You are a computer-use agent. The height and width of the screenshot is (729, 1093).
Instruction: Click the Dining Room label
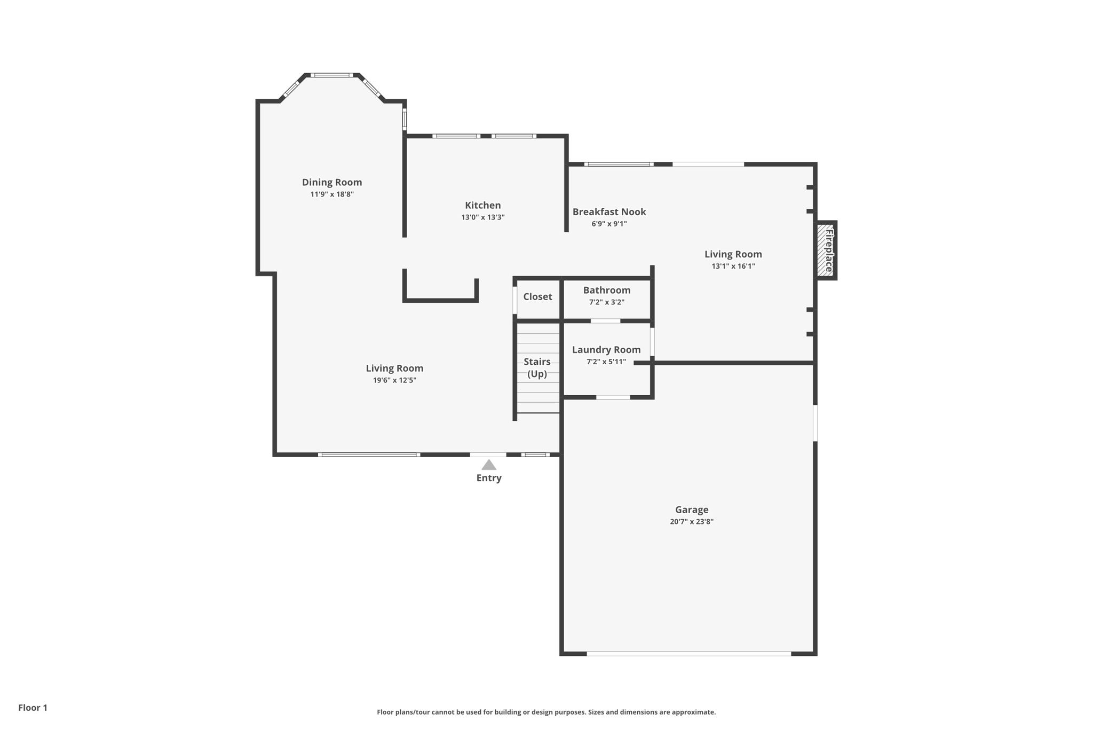tap(331, 182)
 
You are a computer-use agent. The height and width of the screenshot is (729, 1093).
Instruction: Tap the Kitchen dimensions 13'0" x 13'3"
tap(482, 217)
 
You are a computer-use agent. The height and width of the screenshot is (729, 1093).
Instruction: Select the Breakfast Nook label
tap(609, 211)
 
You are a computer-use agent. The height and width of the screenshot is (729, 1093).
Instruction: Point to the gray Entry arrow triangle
tap(489, 465)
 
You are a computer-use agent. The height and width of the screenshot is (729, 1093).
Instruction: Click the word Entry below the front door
tap(489, 478)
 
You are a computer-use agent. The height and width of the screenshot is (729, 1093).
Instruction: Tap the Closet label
tap(537, 296)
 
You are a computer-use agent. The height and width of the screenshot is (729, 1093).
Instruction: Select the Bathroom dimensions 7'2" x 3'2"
tap(606, 302)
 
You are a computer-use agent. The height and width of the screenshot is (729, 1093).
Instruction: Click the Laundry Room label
tap(606, 349)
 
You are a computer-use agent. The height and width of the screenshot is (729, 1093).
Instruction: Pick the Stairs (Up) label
tap(537, 367)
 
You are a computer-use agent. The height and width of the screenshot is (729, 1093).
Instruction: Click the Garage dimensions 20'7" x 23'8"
tap(691, 522)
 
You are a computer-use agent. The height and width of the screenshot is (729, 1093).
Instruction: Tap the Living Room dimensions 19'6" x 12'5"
tap(394, 380)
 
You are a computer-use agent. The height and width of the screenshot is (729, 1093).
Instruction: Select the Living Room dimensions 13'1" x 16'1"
tap(733, 266)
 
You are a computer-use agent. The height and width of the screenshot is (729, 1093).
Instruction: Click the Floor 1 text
tap(33, 708)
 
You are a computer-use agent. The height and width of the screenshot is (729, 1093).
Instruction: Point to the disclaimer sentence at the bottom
tap(546, 712)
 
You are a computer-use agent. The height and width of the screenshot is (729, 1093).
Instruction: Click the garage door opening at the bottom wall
tap(688, 653)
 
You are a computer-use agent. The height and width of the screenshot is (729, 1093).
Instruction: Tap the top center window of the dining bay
tap(331, 75)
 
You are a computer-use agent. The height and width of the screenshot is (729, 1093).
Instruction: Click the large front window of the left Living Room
tap(369, 454)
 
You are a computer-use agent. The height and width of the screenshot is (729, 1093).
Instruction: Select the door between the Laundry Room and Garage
tap(613, 397)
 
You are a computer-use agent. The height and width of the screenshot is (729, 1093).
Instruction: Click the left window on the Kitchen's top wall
tap(456, 136)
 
